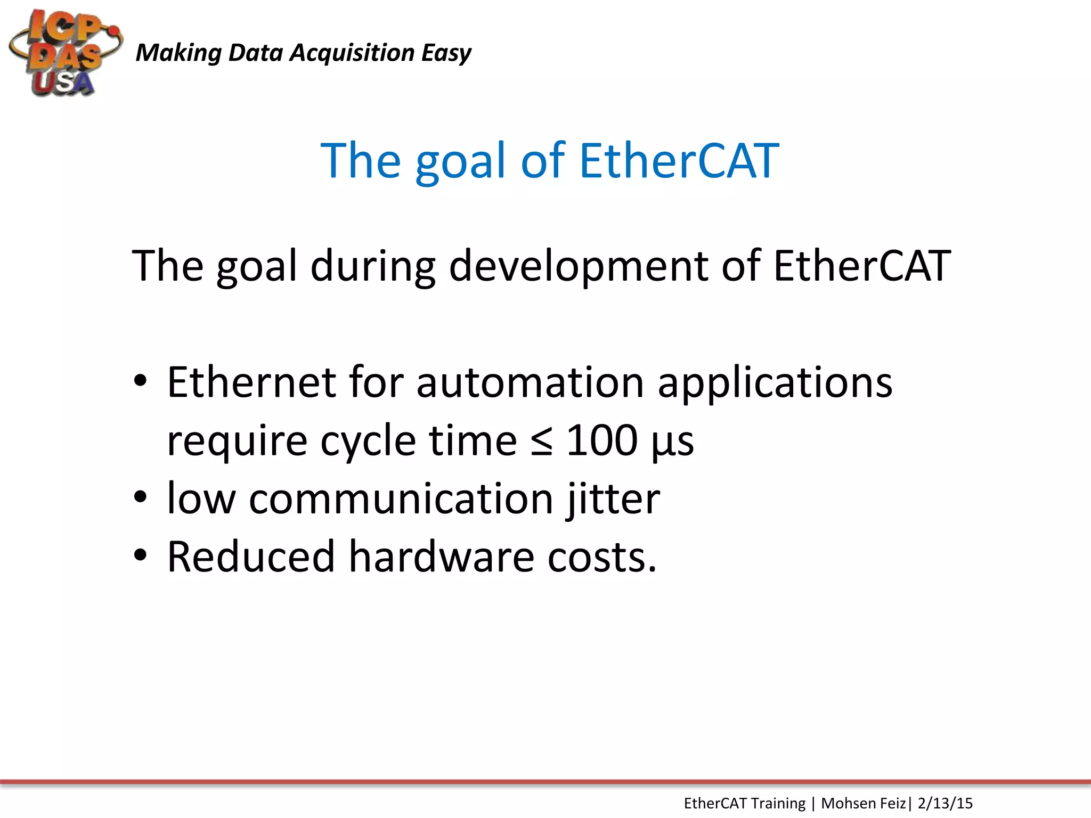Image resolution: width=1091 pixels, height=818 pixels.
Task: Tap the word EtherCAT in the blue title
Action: [679, 160]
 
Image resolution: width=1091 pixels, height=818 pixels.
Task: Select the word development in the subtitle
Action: [579, 266]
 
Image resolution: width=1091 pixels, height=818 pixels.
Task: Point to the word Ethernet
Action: [251, 382]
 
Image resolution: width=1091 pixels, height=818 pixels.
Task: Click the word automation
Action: [530, 382]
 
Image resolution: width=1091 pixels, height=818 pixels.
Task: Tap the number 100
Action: [602, 441]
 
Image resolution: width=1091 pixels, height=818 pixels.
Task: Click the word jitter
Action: [614, 500]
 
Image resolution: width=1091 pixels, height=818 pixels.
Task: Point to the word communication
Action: [401, 499]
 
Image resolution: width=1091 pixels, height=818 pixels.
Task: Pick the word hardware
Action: [442, 557]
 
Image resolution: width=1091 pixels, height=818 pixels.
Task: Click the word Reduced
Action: [251, 557]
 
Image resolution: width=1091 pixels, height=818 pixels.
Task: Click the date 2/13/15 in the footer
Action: [945, 803]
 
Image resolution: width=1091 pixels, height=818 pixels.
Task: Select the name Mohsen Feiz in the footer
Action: [863, 803]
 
